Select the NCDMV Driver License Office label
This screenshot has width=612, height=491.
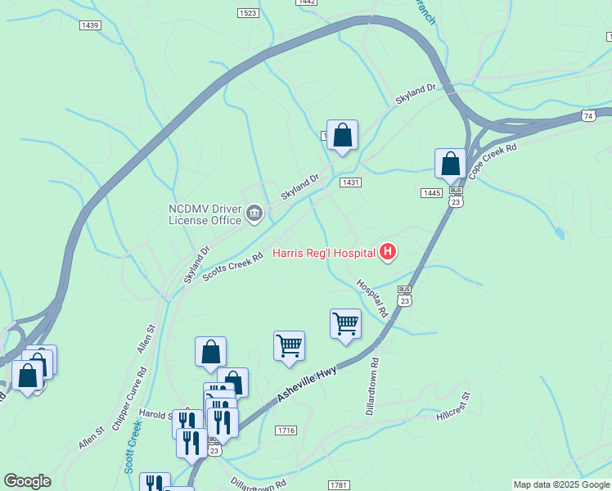click(x=205, y=214)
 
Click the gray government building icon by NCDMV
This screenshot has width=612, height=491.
click(x=254, y=214)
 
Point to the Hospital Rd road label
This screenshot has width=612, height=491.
click(x=371, y=299)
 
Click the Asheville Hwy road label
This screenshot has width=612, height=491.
click(x=307, y=383)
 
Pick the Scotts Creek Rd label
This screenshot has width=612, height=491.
click(x=233, y=268)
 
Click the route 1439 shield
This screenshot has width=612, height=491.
click(x=90, y=25)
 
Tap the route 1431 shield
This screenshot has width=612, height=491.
click(x=351, y=182)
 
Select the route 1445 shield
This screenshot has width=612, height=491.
click(x=431, y=192)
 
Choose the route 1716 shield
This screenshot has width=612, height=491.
click(x=286, y=430)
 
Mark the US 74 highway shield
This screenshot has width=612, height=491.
click(x=588, y=117)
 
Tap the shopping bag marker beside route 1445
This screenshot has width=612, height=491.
click(x=450, y=164)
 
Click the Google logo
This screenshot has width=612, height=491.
click(x=27, y=481)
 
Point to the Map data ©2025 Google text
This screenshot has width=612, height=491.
click(x=561, y=484)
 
